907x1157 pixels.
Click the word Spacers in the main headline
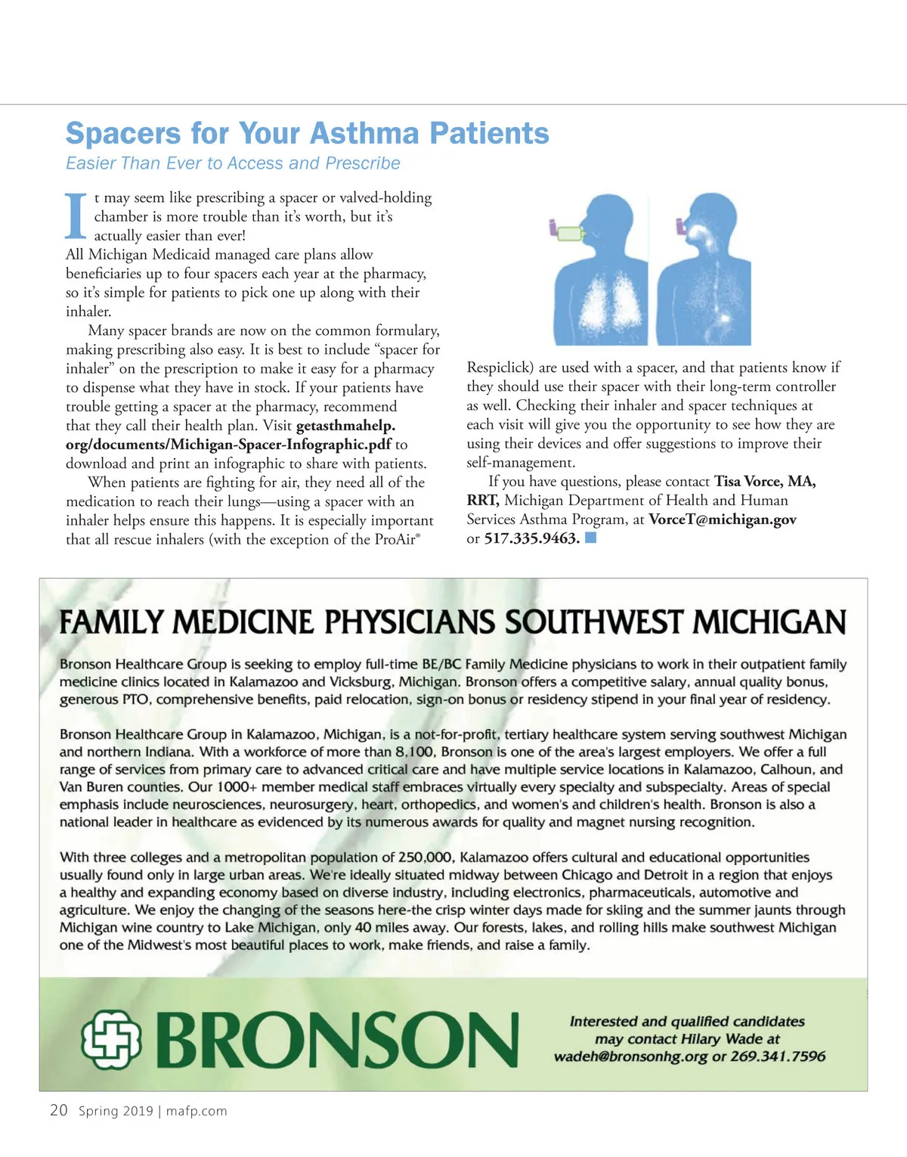pyautogui.click(x=123, y=134)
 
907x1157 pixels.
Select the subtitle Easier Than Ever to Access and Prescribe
pyautogui.click(x=233, y=163)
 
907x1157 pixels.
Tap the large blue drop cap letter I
pyautogui.click(x=76, y=216)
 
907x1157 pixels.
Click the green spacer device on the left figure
pyautogui.click(x=571, y=233)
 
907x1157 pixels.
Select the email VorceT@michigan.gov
pyautogui.click(x=723, y=520)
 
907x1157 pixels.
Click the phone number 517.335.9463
pyautogui.click(x=531, y=538)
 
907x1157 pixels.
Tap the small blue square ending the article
pyautogui.click(x=591, y=538)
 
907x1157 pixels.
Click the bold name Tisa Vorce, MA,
pyautogui.click(x=765, y=482)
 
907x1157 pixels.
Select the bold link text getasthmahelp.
pyautogui.click(x=345, y=426)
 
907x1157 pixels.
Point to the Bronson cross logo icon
pyautogui.click(x=112, y=1039)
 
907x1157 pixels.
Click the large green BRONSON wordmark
pyautogui.click(x=340, y=1040)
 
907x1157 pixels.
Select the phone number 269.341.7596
pyautogui.click(x=778, y=1056)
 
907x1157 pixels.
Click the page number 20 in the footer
pyautogui.click(x=58, y=1110)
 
